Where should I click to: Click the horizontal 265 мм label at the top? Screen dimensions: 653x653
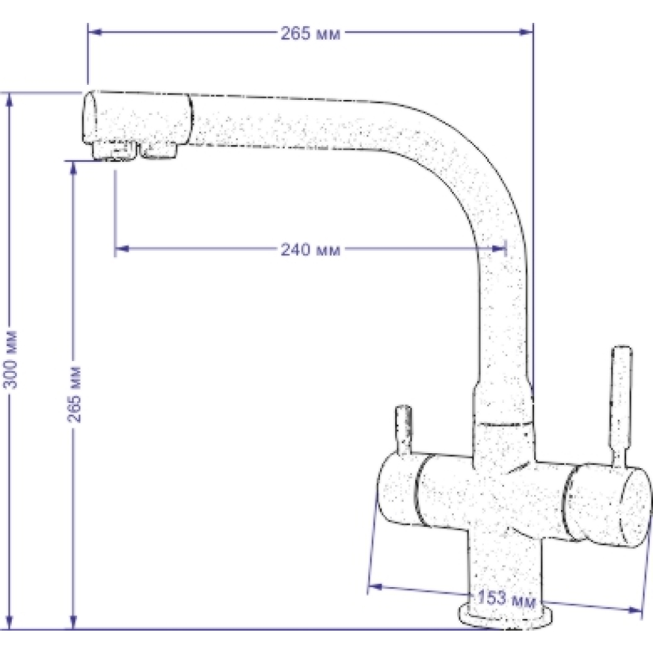tap(310, 33)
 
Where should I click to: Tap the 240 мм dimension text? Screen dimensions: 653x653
tap(310, 249)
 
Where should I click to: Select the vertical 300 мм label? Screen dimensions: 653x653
tap(10, 359)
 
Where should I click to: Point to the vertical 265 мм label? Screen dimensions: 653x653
tap(74, 394)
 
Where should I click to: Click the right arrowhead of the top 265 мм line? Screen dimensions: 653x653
tap(526, 31)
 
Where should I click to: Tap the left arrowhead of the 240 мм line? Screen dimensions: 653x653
tap(122, 249)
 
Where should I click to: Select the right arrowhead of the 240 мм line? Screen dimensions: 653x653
tap(499, 249)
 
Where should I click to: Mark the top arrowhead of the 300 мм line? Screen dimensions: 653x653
tap(10, 101)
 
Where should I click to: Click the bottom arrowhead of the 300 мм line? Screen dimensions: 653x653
tap(10, 622)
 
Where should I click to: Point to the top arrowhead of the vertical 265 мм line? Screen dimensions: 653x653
tap(74, 168)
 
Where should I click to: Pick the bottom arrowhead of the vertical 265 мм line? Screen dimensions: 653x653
tap(74, 622)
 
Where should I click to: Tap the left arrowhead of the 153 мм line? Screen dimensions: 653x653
tap(375, 587)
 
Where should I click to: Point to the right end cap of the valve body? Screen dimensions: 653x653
tap(634, 505)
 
